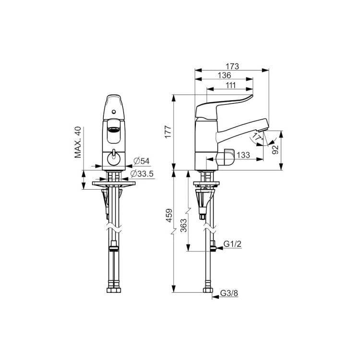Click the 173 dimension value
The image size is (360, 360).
[x=232, y=66]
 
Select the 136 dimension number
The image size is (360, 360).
[x=224, y=75]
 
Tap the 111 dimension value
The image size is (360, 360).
[x=230, y=85]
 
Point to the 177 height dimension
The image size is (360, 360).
[x=168, y=132]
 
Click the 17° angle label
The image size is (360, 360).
[x=257, y=137]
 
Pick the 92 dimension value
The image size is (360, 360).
[x=275, y=150]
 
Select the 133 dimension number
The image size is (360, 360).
[x=243, y=155]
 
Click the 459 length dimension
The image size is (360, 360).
[x=169, y=216]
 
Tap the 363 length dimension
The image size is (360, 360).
[x=183, y=226]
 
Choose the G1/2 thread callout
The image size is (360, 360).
[x=233, y=244]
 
